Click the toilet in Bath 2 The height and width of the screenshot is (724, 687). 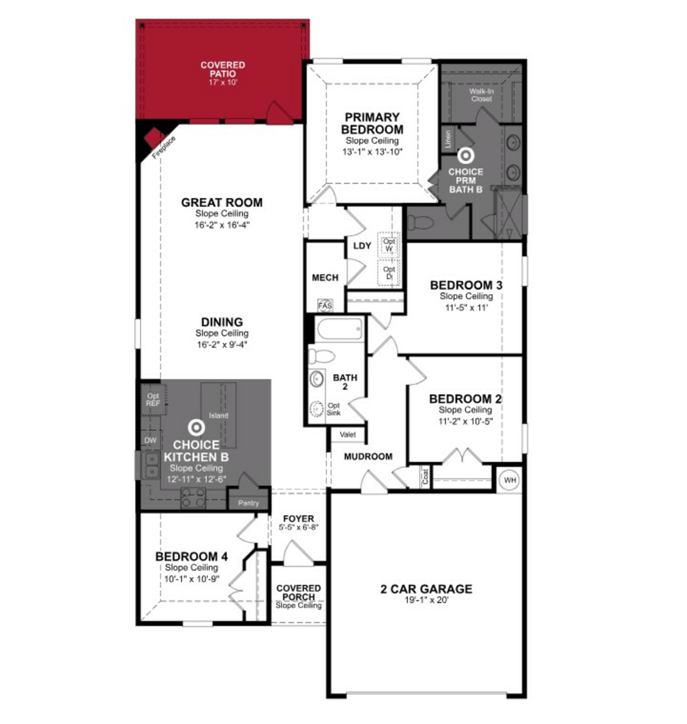pyautogui.click(x=321, y=356)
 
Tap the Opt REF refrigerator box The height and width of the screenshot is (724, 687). pyautogui.click(x=153, y=399)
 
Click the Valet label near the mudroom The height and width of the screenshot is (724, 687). pyautogui.click(x=348, y=435)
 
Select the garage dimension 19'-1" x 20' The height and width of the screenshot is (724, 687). pyautogui.click(x=426, y=600)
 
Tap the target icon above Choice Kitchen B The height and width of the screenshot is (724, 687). pyautogui.click(x=196, y=427)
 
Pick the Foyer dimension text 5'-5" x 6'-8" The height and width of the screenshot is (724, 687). pyautogui.click(x=298, y=527)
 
